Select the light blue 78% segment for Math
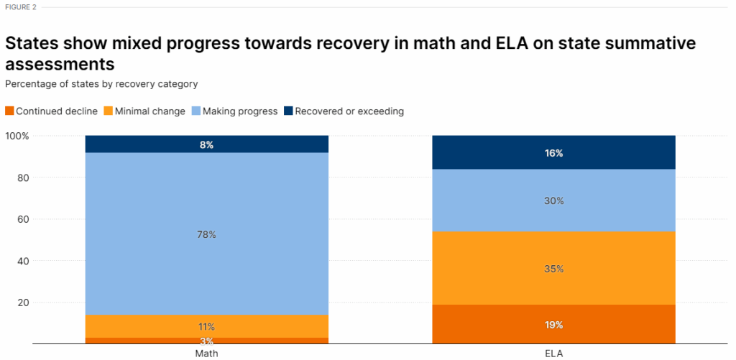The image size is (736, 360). click(x=206, y=234)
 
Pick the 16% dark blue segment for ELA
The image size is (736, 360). click(x=553, y=152)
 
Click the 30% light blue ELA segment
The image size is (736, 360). click(x=553, y=200)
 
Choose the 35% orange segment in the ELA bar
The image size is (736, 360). click(x=553, y=268)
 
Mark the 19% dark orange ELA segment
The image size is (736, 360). click(x=553, y=324)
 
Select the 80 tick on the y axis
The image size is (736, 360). click(x=22, y=177)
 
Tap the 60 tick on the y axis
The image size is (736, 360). click(x=22, y=219)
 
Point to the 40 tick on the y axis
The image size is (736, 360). click(x=22, y=261)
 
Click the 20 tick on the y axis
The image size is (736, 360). click(x=22, y=303)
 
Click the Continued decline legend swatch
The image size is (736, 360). click(x=9, y=111)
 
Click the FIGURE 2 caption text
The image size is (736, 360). click(x=21, y=6)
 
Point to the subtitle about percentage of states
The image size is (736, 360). click(x=101, y=83)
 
